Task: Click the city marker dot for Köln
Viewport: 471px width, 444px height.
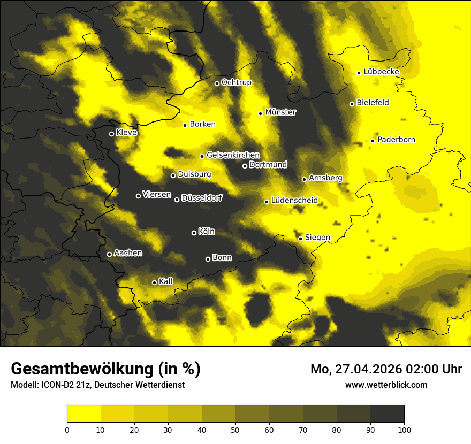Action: click(x=194, y=233)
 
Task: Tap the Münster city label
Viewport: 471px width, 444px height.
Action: click(x=280, y=112)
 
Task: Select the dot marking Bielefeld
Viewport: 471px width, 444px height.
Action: click(x=352, y=104)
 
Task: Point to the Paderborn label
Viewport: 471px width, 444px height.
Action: click(x=396, y=140)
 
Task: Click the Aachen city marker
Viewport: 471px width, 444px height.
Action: click(x=109, y=254)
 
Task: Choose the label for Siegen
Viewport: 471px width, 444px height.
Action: click(x=317, y=237)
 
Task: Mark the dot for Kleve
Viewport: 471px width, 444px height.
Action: click(x=111, y=134)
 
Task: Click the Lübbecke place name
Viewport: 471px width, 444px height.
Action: click(x=381, y=72)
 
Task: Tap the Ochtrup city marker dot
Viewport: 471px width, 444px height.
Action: click(x=217, y=83)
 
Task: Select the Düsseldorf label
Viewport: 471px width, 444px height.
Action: click(x=202, y=198)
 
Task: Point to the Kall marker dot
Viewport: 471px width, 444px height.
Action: click(x=154, y=282)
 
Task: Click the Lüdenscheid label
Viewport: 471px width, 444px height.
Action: click(x=294, y=201)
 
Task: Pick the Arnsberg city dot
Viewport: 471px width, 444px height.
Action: click(x=304, y=179)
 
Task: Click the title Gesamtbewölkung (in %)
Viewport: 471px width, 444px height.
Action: click(x=105, y=369)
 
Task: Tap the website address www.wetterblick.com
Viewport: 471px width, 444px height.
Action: click(x=386, y=385)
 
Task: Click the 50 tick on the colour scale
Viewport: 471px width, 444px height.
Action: click(x=236, y=429)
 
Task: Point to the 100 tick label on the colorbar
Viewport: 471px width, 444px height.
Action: click(x=404, y=429)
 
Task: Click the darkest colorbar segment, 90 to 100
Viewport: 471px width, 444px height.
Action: click(x=387, y=414)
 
